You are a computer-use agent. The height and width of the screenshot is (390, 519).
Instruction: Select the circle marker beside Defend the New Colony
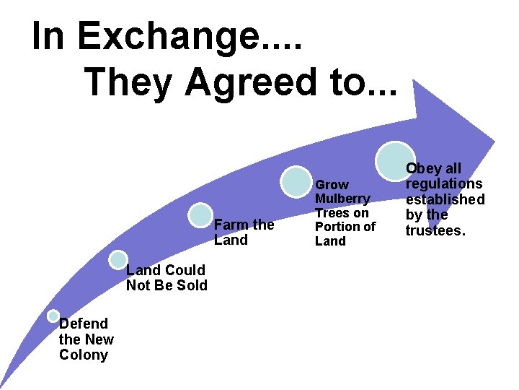pyautogui.click(x=53, y=316)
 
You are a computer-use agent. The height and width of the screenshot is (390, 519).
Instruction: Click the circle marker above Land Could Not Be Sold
pyautogui.click(x=118, y=260)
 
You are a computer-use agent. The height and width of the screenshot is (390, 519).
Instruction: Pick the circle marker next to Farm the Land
pyautogui.click(x=200, y=214)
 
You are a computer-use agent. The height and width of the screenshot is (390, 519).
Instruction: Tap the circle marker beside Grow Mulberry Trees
pyautogui.click(x=296, y=181)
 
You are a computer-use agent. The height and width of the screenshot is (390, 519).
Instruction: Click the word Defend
pyautogui.click(x=84, y=324)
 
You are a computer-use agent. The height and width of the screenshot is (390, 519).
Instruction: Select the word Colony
pyautogui.click(x=84, y=355)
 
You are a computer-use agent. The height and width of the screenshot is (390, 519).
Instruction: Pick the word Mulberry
pyautogui.click(x=343, y=199)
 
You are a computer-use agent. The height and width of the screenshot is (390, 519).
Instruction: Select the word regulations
pyautogui.click(x=444, y=183)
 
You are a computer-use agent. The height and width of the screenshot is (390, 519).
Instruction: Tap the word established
pyautogui.click(x=445, y=199)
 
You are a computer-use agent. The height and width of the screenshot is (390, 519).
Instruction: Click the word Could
pyautogui.click(x=185, y=270)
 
